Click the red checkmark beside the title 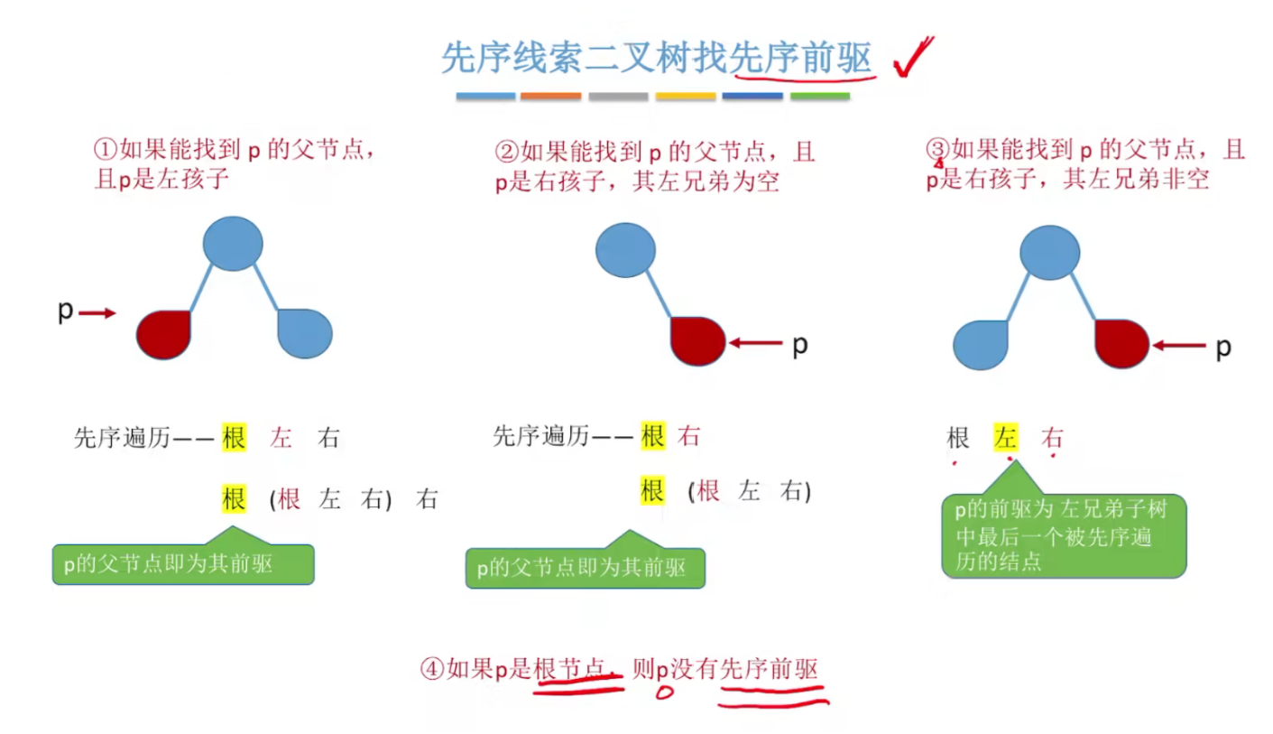[x=912, y=57]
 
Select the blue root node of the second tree [x=624, y=248]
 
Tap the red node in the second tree [x=697, y=340]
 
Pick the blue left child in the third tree [x=981, y=344]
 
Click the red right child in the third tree [x=1121, y=343]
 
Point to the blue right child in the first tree [x=305, y=332]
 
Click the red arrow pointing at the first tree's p [x=97, y=313]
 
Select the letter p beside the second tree [x=799, y=345]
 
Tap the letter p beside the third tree [x=1222, y=347]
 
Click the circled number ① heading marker [x=106, y=149]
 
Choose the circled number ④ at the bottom [x=433, y=669]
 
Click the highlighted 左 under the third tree [x=1006, y=439]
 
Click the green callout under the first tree [x=183, y=564]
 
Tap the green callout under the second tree [x=584, y=568]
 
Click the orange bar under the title [x=550, y=96]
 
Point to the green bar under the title [x=819, y=96]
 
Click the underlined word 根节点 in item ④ [x=568, y=669]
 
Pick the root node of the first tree [x=233, y=243]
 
